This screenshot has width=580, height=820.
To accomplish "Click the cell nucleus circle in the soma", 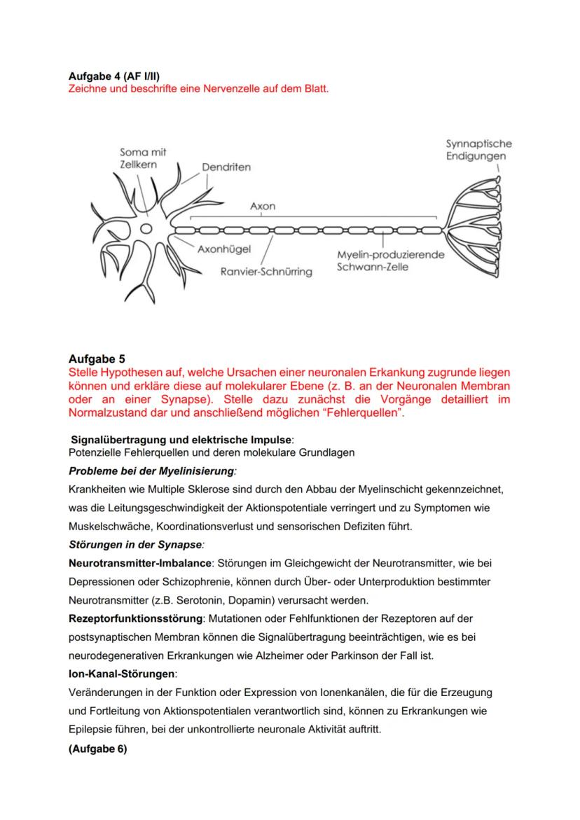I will tap(146, 228).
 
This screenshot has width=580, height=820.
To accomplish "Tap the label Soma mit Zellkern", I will tap(143, 158).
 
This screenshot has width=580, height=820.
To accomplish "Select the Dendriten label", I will tap(226, 167).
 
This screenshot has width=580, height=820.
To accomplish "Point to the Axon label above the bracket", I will tap(263, 207).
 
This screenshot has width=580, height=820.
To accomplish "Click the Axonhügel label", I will tap(224, 249).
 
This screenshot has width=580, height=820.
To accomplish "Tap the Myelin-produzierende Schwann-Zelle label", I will tap(390, 260).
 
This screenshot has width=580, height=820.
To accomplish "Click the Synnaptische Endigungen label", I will tap(478, 149).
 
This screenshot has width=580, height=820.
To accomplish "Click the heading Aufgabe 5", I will tap(97, 359).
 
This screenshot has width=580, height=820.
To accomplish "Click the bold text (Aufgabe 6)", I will tap(98, 748).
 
